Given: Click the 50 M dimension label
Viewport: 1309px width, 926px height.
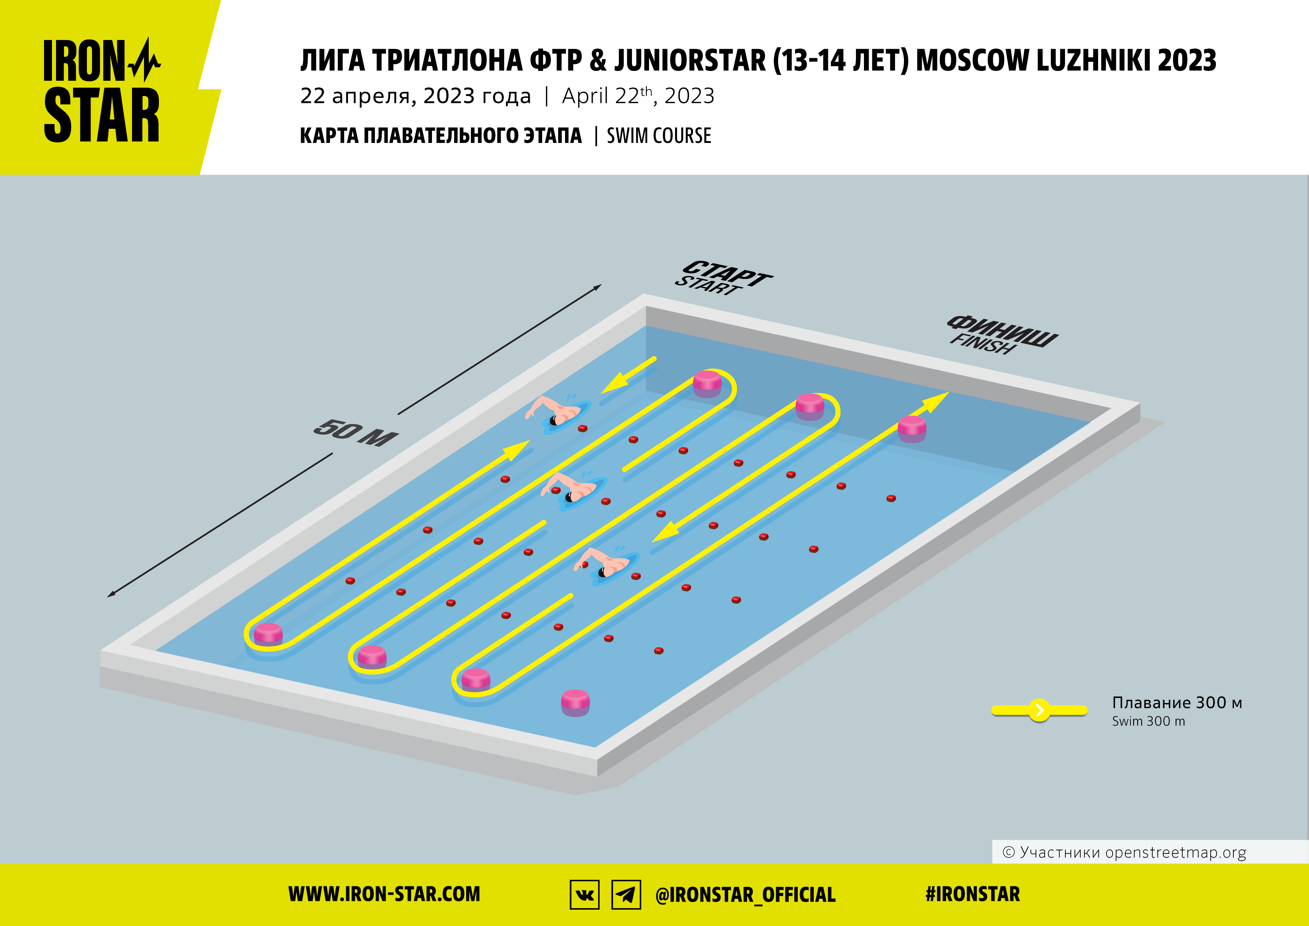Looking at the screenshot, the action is (356, 433).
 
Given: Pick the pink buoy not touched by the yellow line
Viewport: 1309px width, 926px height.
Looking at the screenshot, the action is (575, 702).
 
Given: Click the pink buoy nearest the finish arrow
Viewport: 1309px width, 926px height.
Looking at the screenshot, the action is (912, 429).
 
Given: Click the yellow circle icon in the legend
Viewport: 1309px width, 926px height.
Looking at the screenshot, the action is (1039, 710).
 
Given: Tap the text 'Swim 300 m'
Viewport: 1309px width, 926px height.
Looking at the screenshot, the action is (1148, 721).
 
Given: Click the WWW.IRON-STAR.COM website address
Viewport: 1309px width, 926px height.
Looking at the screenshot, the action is (384, 894).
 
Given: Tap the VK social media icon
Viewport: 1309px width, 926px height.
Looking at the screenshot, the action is (584, 895).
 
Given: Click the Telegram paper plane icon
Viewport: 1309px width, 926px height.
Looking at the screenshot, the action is (626, 895).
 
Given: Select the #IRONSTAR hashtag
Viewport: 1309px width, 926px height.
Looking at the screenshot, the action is (973, 894).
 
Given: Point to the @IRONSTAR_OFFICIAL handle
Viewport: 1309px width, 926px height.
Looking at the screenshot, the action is (746, 895).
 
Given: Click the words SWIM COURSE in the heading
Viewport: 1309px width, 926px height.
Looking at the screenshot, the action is (659, 136).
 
